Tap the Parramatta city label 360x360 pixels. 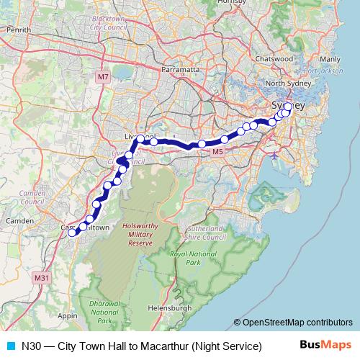(180, 70)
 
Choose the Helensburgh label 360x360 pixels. (172, 307)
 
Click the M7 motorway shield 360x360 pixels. (103, 76)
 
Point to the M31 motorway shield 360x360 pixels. (42, 277)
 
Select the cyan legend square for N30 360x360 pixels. (10, 346)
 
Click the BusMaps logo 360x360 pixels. (327, 346)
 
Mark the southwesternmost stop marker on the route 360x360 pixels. (71, 232)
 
